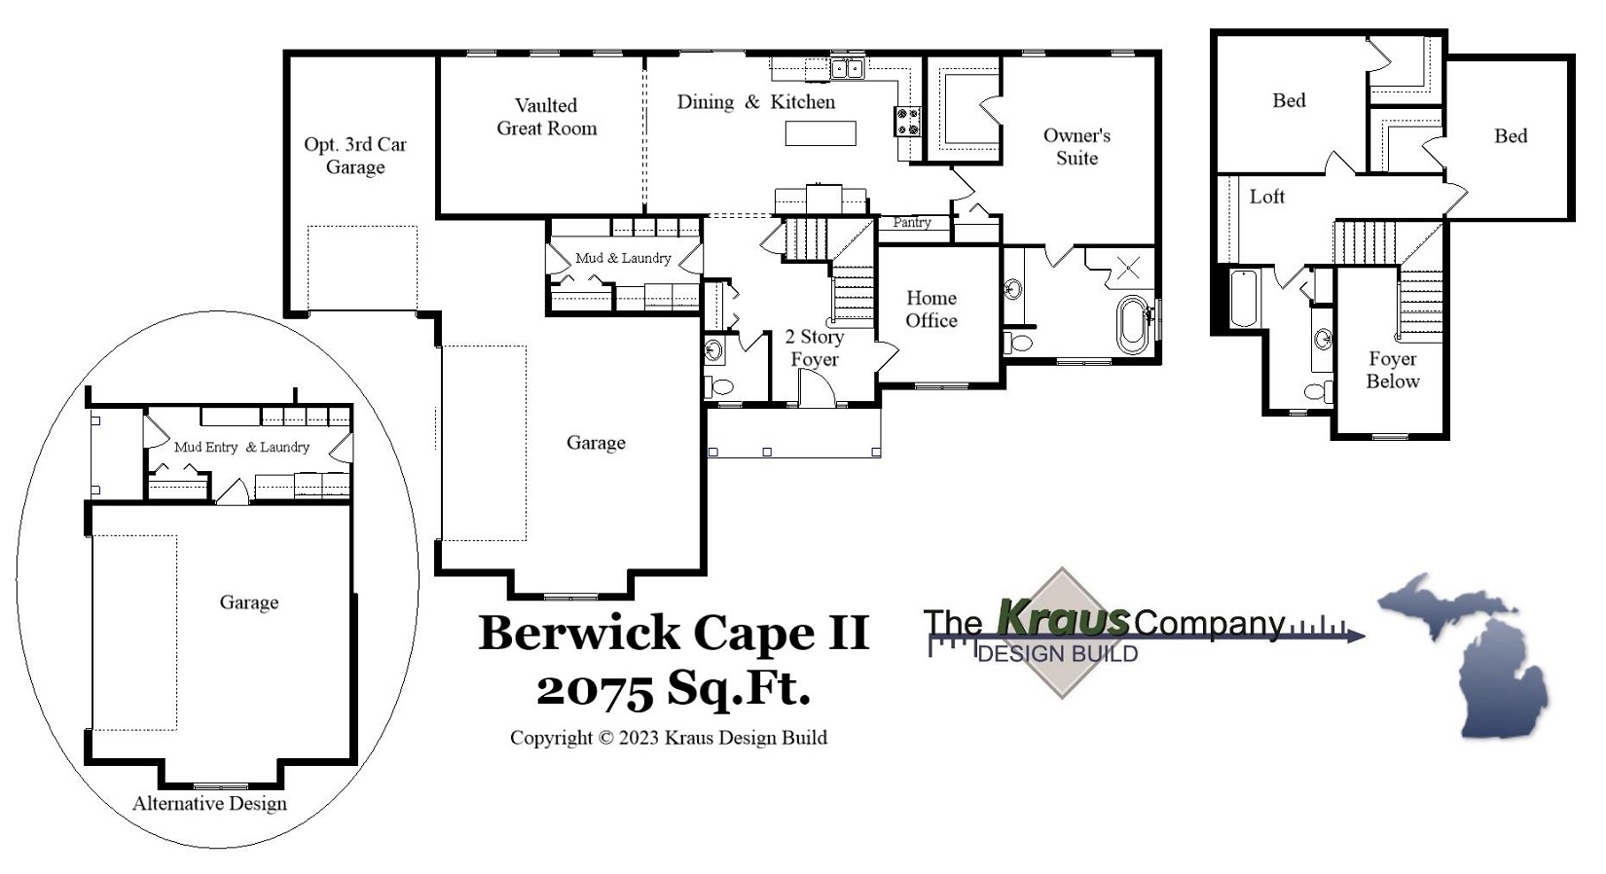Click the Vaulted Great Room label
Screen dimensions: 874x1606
pos(546,117)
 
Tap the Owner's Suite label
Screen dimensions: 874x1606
pos(1077,147)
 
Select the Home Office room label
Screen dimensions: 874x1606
pos(931,310)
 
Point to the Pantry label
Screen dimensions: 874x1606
pos(912,223)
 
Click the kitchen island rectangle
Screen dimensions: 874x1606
pos(821,132)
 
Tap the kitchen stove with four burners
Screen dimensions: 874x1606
pos(907,121)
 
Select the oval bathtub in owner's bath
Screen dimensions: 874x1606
pos(1132,323)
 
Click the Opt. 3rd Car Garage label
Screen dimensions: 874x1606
pos(355,156)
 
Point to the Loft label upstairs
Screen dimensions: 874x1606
pos(1266,197)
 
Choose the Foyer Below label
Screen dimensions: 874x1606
pos(1392,371)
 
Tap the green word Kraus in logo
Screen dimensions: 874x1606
pos(1063,619)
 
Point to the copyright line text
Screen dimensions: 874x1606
pos(669,738)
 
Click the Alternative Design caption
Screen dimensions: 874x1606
pos(209,804)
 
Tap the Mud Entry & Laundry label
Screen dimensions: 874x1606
pos(241,447)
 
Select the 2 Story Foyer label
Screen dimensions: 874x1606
pos(815,348)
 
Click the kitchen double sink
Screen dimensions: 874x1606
pos(847,68)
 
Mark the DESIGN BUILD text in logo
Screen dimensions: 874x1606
pos(1057,654)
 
